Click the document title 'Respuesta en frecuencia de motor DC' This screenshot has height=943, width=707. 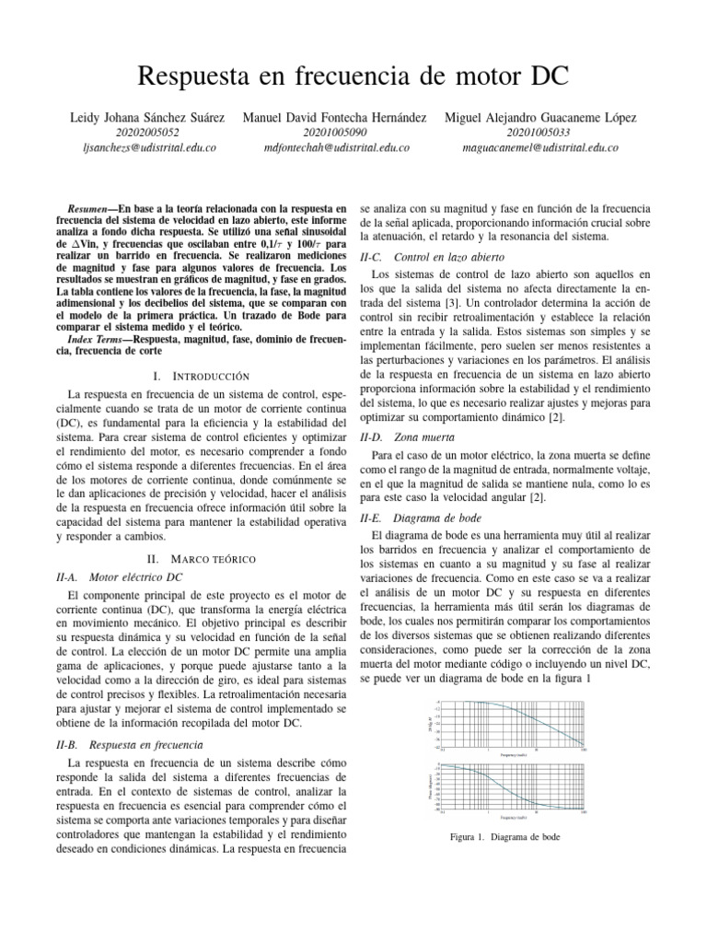353,76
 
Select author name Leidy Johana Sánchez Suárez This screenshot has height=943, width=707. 147,118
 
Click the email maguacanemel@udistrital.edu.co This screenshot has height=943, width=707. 539,147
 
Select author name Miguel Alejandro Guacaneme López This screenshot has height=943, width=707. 540,118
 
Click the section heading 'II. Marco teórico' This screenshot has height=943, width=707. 201,559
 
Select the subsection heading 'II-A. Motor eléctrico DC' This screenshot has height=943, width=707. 120,577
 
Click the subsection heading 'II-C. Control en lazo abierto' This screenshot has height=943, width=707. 432,257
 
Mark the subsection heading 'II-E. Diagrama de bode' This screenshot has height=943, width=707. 423,518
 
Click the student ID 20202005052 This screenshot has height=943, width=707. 147,133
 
